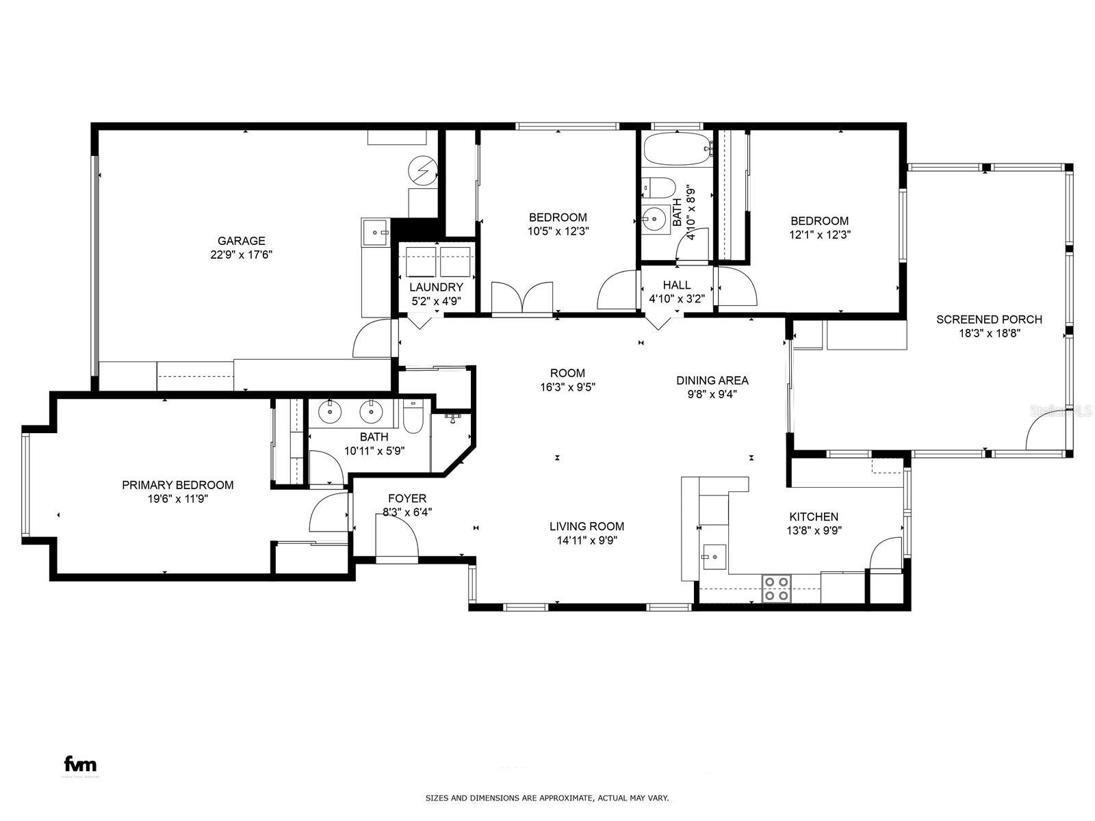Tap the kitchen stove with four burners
[777, 588]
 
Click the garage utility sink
[376, 231]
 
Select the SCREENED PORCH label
[989, 320]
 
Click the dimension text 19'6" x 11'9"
[177, 499]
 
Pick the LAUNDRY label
[436, 287]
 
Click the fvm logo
[80, 764]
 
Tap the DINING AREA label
[712, 380]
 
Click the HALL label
[676, 285]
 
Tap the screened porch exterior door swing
[1045, 433]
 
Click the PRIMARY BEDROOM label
[177, 485]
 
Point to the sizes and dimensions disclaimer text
[547, 798]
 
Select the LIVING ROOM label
[587, 526]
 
